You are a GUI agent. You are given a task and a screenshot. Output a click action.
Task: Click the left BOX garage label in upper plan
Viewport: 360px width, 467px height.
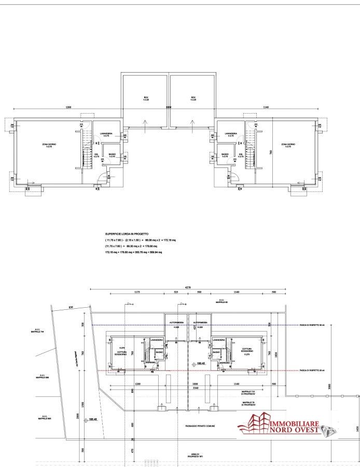coord(146,98)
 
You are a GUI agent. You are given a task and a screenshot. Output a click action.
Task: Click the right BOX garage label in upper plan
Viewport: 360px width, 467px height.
coord(193,98)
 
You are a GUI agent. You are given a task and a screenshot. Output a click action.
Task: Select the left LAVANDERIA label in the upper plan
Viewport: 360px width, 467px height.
coord(106,134)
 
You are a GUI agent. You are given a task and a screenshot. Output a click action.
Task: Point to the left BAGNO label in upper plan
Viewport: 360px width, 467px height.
coord(112,155)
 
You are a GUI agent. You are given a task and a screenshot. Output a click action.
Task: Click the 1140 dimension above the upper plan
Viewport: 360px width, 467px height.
coord(266,107)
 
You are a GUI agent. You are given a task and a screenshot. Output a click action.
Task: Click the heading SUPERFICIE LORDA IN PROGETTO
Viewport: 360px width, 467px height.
coord(127,234)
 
